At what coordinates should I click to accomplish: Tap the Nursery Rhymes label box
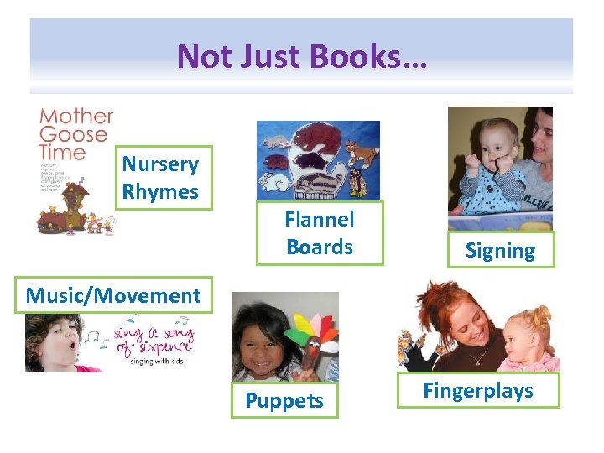pos(160,178)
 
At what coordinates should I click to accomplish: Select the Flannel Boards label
pos(320,233)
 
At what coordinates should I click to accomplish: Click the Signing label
pos(500,250)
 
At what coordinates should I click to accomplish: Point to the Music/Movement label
pos(113,295)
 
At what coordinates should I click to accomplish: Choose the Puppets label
pos(284,400)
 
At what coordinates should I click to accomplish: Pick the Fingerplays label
pos(478,390)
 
